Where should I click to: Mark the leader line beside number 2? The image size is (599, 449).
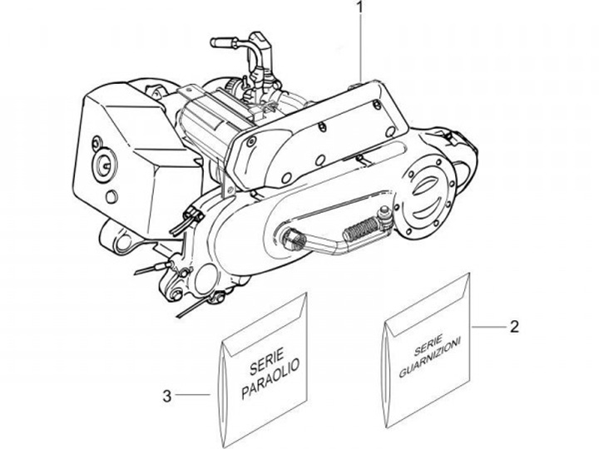[489, 326]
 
